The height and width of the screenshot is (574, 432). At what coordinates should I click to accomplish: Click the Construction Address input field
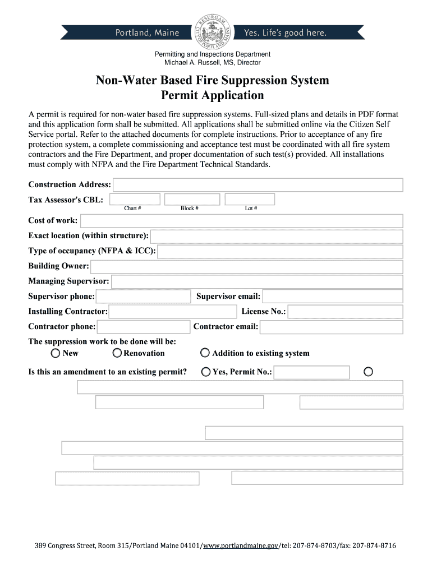258,185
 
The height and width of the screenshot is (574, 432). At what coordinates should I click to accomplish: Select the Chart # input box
135,200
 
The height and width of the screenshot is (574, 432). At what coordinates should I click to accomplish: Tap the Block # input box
192,200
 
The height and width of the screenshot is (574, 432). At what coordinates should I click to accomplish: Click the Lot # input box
250,200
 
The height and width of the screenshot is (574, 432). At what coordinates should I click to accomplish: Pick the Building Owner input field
246,266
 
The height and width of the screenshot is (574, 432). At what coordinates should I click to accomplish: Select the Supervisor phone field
143,297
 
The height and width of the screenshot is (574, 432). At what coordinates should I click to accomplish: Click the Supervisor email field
332,297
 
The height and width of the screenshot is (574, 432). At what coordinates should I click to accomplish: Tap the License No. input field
345,312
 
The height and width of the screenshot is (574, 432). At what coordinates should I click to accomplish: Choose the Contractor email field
331,327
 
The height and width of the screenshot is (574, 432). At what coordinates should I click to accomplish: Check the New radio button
56,353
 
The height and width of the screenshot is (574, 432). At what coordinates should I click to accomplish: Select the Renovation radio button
117,353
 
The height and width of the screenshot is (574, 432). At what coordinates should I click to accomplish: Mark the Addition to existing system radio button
205,353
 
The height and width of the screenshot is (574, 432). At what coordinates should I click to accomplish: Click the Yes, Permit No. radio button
206,372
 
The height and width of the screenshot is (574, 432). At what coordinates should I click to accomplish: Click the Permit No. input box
311,372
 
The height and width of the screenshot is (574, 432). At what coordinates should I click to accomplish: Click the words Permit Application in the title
212,95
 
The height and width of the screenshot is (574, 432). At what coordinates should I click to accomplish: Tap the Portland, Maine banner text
147,33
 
